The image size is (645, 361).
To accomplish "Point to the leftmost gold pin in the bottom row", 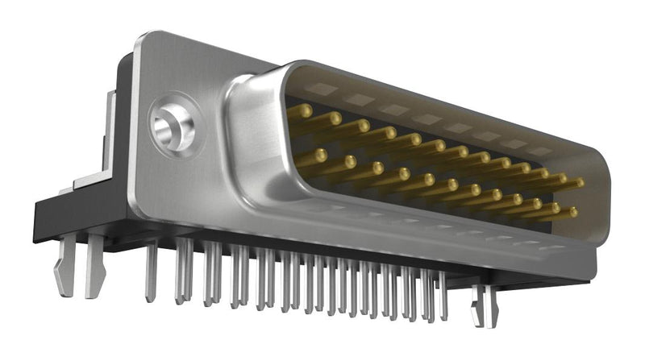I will [x=320, y=153].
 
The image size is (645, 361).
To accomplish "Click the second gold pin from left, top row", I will [x=334, y=118].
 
